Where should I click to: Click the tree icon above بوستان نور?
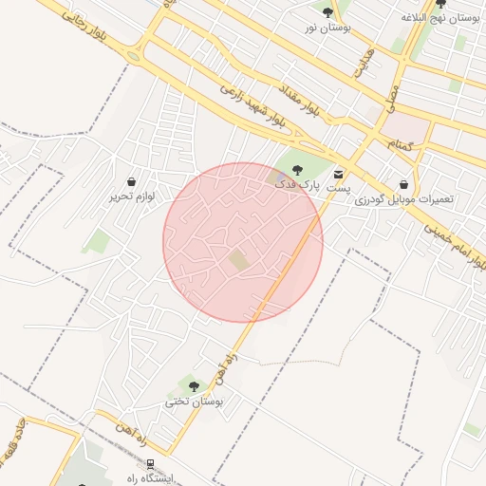click(327, 12)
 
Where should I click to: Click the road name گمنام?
click(402, 143)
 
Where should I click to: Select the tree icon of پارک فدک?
click(297, 170)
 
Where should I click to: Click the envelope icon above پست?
click(339, 174)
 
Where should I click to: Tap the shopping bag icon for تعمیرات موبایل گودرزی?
click(405, 184)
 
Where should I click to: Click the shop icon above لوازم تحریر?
click(130, 180)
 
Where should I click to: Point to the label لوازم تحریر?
click(130, 196)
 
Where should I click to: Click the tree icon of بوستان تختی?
click(194, 385)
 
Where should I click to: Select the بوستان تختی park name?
click(194, 402)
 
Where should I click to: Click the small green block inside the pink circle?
click(238, 258)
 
